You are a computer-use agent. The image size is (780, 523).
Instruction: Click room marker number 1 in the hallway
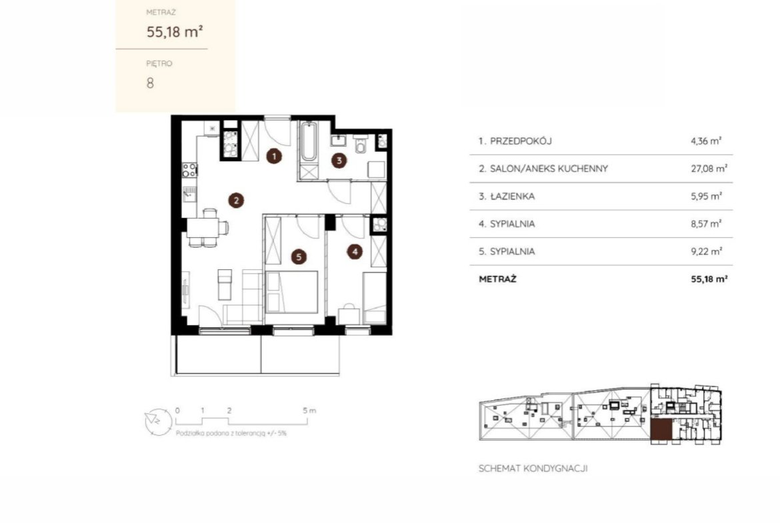click(x=273, y=157)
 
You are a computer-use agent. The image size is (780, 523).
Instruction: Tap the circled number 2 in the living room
click(x=236, y=201)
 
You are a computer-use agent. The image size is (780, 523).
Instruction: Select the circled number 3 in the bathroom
click(x=339, y=160)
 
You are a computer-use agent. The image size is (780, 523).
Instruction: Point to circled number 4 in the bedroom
click(x=355, y=252)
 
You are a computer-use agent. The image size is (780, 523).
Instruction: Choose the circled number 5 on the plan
click(x=299, y=257)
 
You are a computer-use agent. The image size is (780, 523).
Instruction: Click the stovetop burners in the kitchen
click(x=189, y=170)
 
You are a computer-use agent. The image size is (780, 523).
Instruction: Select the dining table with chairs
click(x=207, y=229)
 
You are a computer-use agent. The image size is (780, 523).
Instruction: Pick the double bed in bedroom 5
click(x=291, y=291)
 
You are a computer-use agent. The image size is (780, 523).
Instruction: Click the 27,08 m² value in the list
click(x=709, y=169)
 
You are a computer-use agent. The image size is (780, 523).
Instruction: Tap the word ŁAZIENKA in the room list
click(x=513, y=197)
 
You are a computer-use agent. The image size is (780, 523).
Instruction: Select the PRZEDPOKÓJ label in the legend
click(x=521, y=141)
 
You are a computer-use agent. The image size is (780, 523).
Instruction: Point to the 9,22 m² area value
click(x=707, y=252)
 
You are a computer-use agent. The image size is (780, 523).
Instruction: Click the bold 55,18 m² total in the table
click(x=709, y=279)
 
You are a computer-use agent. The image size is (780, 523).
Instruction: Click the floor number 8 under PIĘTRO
click(x=150, y=83)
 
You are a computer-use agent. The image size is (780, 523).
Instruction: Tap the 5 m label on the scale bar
click(x=309, y=410)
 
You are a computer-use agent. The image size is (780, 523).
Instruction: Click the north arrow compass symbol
click(x=158, y=422)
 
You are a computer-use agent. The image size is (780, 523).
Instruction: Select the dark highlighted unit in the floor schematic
click(x=661, y=430)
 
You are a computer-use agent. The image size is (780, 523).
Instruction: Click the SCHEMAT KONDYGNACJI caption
click(x=533, y=468)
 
